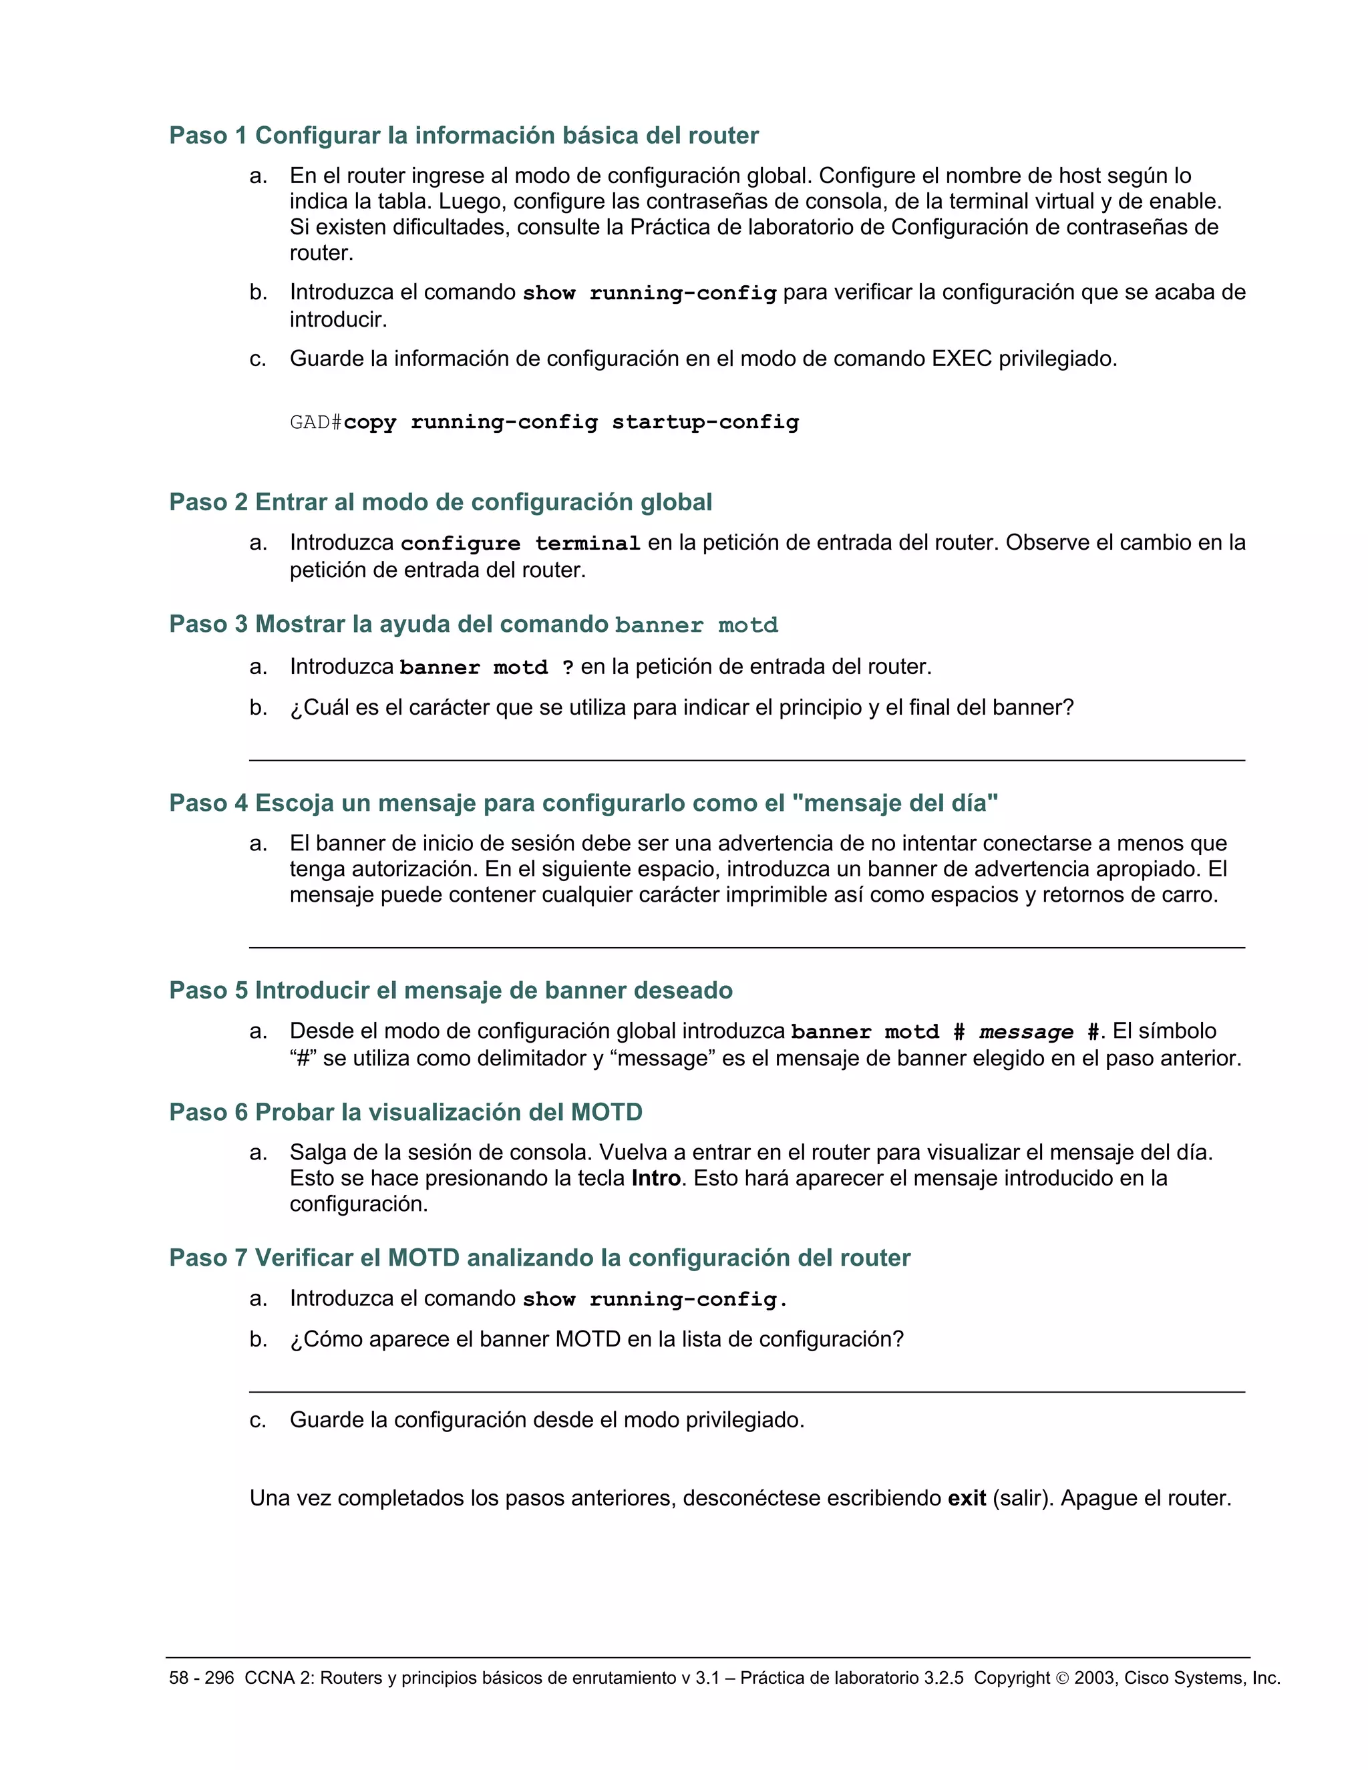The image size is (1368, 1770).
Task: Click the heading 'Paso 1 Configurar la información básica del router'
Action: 464,136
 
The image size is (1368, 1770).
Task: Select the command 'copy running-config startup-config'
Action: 570,422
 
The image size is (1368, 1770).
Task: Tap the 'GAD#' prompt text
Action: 316,422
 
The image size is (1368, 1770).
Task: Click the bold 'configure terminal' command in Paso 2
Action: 520,544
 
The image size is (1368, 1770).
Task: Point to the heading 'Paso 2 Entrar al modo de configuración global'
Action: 440,502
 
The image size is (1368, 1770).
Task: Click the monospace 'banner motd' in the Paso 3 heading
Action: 696,626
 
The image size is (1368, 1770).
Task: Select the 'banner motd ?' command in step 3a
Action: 486,668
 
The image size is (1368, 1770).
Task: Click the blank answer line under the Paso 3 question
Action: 746,759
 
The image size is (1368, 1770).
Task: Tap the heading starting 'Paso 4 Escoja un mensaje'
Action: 582,803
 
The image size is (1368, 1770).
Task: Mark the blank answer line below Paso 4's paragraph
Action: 746,946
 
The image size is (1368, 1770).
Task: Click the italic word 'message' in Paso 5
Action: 1026,1033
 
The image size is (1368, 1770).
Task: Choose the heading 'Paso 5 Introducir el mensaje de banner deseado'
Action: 451,991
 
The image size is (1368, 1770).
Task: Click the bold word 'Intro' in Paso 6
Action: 656,1178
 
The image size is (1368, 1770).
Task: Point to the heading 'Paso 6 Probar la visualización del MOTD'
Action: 405,1112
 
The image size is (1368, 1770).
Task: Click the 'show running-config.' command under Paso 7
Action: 655,1299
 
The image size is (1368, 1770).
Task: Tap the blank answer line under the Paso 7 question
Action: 746,1391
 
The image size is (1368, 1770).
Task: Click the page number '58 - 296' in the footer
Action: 201,1678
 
